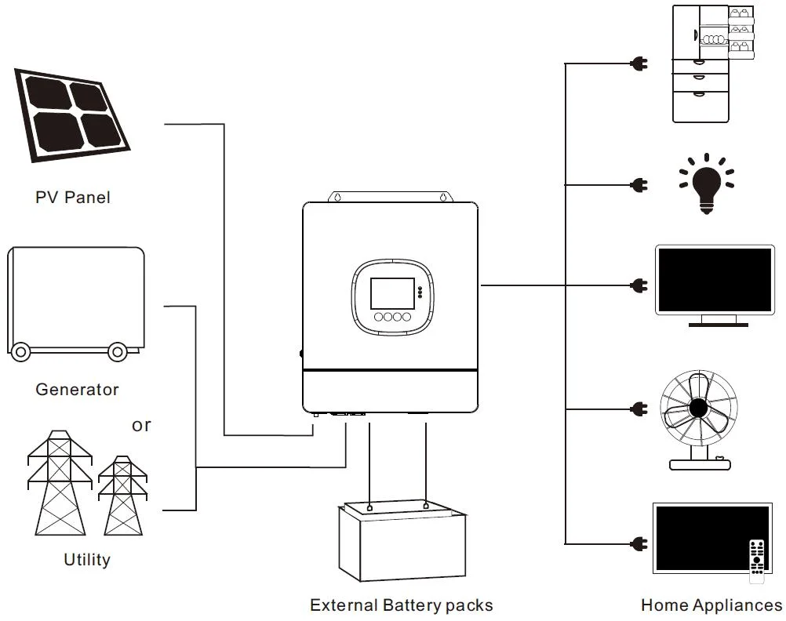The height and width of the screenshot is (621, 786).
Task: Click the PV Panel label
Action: click(x=73, y=198)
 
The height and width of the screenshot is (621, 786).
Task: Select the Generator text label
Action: click(x=77, y=390)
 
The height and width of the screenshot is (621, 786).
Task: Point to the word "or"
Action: click(x=141, y=425)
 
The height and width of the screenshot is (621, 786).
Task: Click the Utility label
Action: click(x=87, y=560)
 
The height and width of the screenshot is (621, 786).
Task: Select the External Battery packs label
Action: click(x=402, y=605)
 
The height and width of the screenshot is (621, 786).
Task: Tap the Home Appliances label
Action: click(x=711, y=605)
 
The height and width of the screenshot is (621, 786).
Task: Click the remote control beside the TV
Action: click(x=756, y=558)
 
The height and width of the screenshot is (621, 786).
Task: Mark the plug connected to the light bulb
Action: click(x=639, y=186)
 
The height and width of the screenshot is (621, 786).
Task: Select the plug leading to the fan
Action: click(x=639, y=409)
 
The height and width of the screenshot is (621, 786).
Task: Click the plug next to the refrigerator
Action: click(x=639, y=64)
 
